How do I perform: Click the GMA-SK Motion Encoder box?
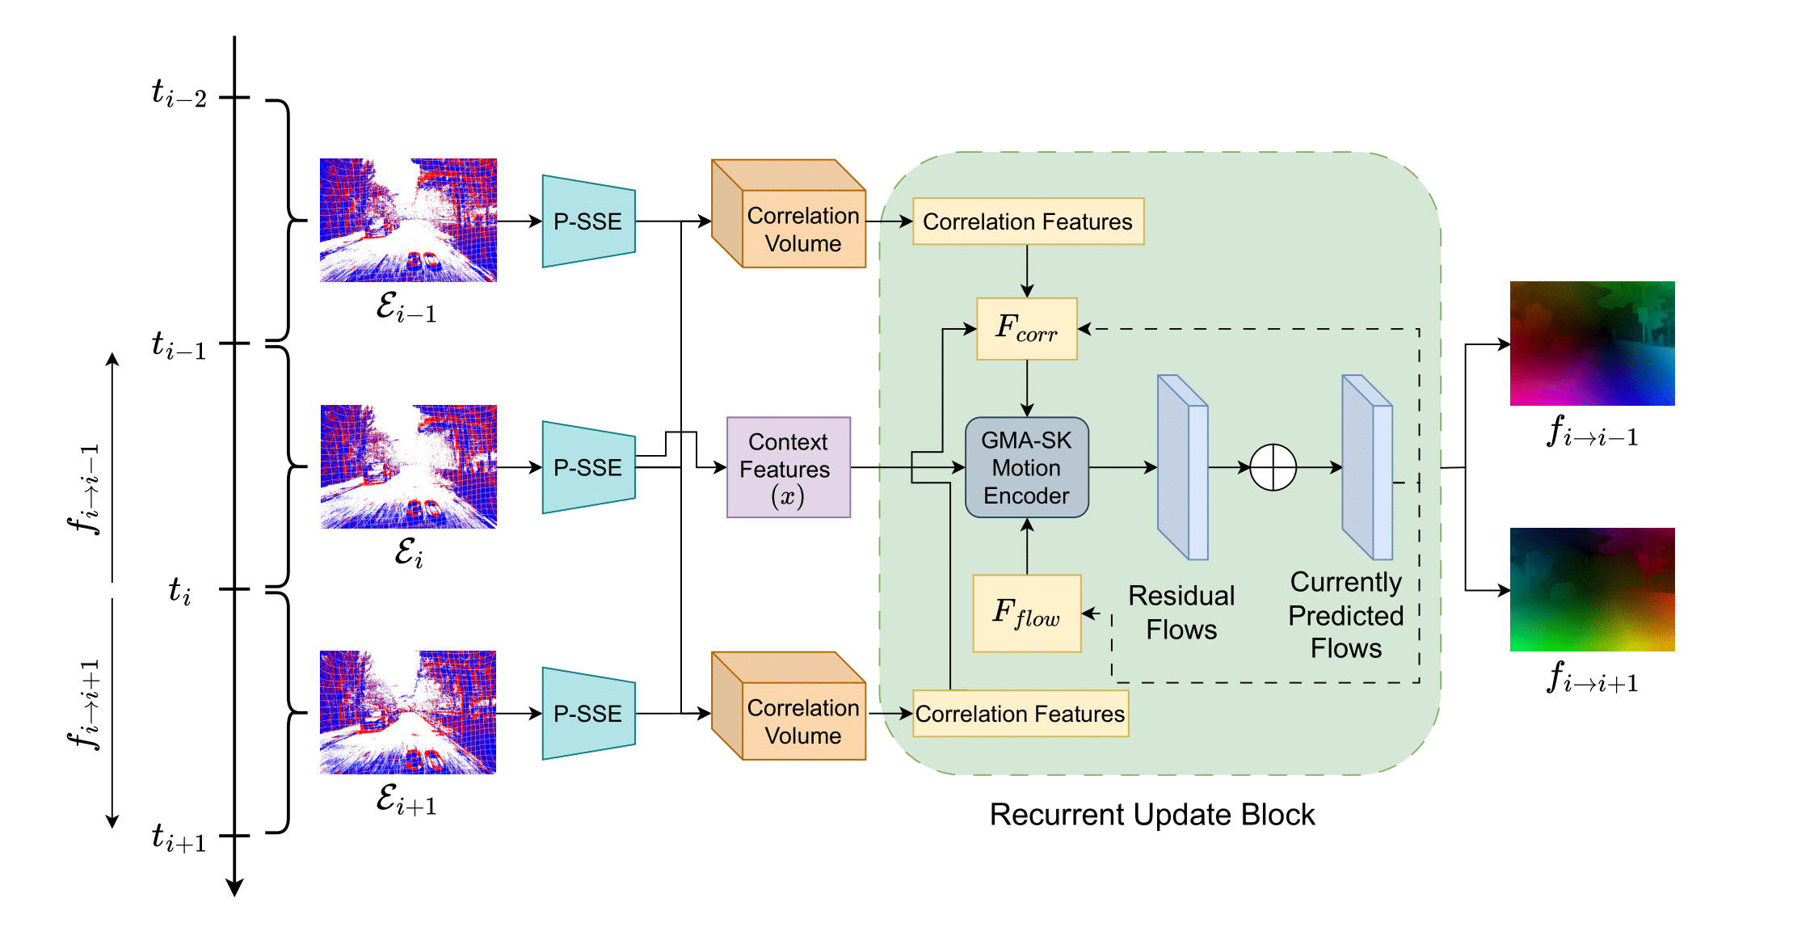click(x=1026, y=467)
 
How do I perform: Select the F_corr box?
click(x=1026, y=329)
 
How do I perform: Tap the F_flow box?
click(x=1026, y=613)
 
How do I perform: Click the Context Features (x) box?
click(x=788, y=467)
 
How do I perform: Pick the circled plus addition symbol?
click(x=1273, y=467)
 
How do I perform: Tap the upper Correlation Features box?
click(x=1028, y=221)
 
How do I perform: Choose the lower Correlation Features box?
click(x=1020, y=714)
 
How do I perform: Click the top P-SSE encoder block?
click(x=588, y=221)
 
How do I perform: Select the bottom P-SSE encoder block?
click(x=588, y=714)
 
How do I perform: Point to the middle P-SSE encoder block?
click(x=588, y=467)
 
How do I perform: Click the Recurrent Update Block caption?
click(x=1151, y=815)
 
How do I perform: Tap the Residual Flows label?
click(x=1181, y=613)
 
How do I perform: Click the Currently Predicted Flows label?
click(x=1345, y=615)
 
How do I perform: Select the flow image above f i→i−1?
click(x=1592, y=344)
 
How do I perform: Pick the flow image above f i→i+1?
click(x=1592, y=590)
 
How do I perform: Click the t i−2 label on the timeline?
click(x=179, y=94)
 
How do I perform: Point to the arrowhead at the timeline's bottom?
click(x=234, y=887)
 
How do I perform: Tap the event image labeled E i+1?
click(x=408, y=712)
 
